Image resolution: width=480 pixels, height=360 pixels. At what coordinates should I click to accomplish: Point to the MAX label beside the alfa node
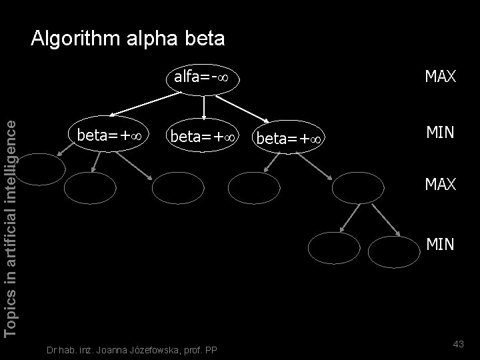point(440,77)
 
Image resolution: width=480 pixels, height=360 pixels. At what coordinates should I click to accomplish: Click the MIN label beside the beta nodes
point(440,133)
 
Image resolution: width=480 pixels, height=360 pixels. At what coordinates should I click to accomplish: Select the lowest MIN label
point(440,245)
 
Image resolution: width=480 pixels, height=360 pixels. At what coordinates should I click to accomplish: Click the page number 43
point(458,343)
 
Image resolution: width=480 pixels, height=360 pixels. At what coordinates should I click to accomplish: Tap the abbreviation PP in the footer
point(211,349)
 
